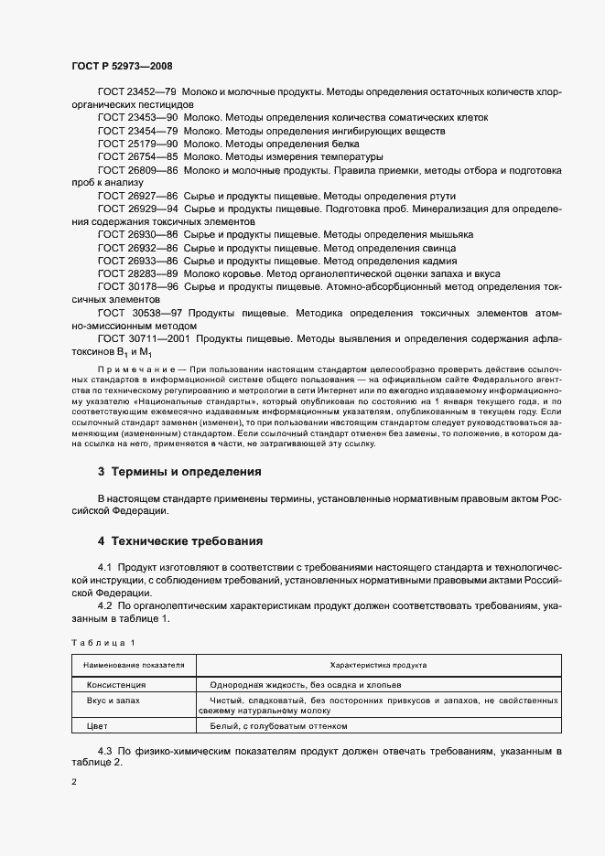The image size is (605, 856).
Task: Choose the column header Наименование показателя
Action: point(134,665)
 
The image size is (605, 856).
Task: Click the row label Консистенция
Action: point(116,684)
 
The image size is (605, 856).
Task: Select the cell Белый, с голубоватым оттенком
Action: point(278,726)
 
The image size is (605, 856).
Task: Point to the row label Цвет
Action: point(96,726)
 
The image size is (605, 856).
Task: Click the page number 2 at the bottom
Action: point(74,783)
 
